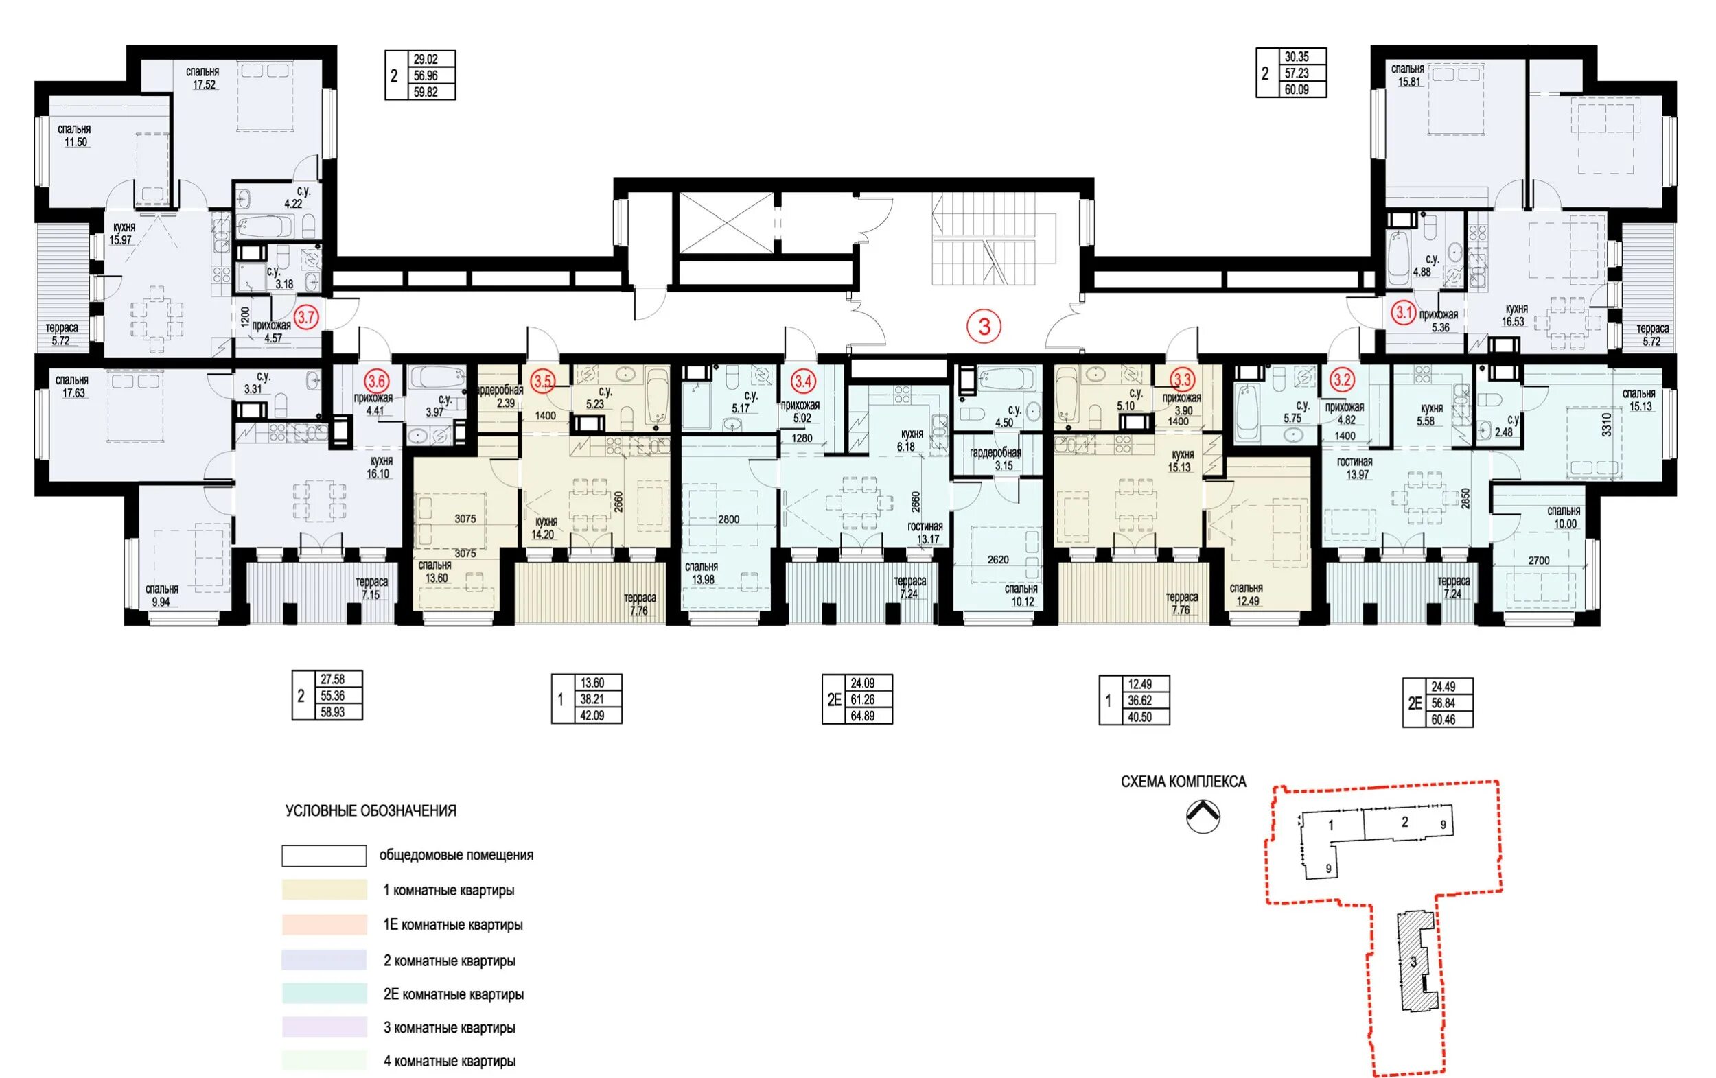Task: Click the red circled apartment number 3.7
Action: pos(306,317)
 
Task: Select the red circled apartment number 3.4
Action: pos(802,382)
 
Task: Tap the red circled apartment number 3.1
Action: pos(1404,312)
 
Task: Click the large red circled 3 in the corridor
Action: pos(984,327)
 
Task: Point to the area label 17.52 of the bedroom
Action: pos(204,85)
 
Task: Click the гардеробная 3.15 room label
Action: pos(995,460)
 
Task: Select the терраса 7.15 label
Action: pos(371,589)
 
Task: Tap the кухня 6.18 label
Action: pos(911,441)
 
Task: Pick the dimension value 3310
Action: pos(1606,425)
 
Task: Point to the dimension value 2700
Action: pos(1538,561)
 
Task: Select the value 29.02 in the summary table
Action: pos(426,59)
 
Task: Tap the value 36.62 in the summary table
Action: pos(1140,701)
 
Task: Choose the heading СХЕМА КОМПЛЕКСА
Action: pos(1183,782)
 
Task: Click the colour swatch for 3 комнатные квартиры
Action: pos(324,1027)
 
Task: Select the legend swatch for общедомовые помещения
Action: pos(324,856)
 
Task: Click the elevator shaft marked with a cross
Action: pos(726,222)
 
